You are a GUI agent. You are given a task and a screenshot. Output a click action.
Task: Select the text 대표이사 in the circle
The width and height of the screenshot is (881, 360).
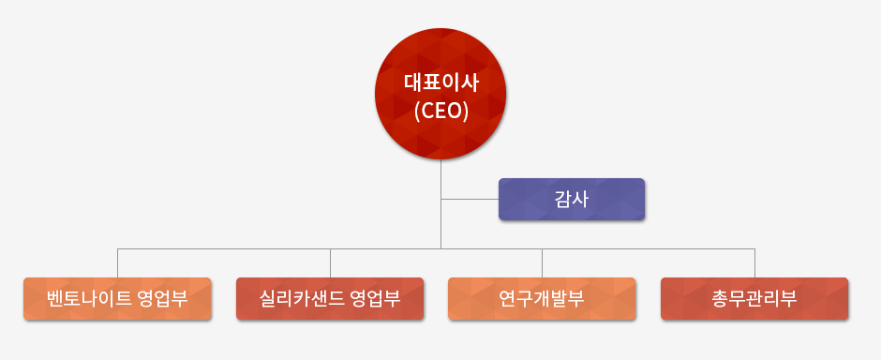coord(440,82)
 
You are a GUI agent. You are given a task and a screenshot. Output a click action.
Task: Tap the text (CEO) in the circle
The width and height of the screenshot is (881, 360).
coord(440,111)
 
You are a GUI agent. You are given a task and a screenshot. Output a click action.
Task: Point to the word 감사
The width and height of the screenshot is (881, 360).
coord(571,199)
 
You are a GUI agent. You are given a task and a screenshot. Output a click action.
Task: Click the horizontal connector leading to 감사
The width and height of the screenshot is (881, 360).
coord(469,199)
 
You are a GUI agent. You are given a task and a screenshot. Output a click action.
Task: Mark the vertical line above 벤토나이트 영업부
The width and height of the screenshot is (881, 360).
coord(117,262)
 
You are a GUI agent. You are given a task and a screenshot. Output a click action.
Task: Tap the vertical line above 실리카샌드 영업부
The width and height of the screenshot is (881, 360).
coord(330,262)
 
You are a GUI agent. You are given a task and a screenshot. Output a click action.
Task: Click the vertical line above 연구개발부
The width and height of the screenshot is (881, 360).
coord(542,262)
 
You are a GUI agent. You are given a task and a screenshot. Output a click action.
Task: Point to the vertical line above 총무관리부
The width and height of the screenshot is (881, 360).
coord(754,262)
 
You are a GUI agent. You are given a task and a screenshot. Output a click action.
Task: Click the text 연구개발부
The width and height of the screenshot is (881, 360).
coord(542,299)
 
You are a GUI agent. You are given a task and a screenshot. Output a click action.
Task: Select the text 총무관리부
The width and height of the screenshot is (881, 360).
coord(754,299)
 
